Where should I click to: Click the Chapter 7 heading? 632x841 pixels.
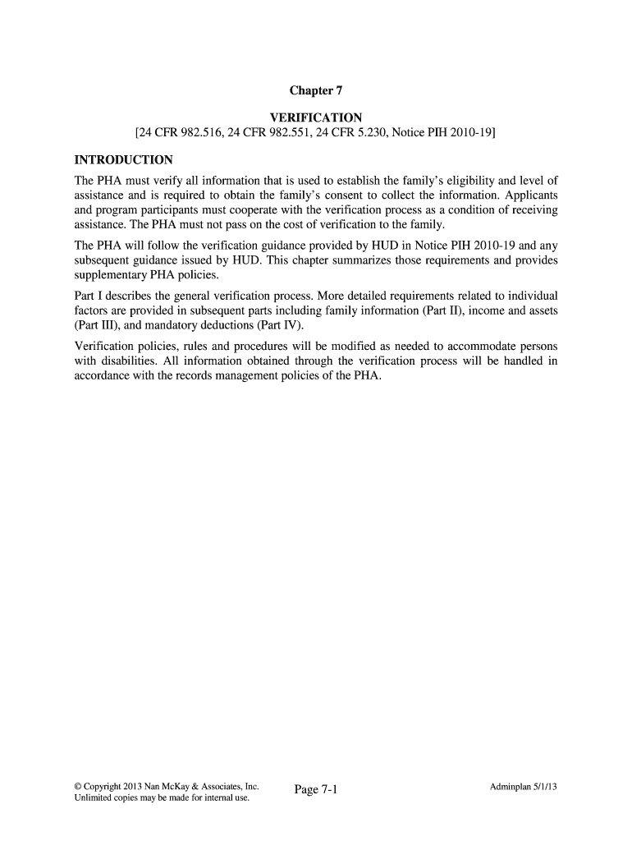[x=316, y=93]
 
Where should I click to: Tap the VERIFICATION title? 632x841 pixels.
[x=316, y=119]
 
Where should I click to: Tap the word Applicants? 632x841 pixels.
[x=524, y=196]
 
